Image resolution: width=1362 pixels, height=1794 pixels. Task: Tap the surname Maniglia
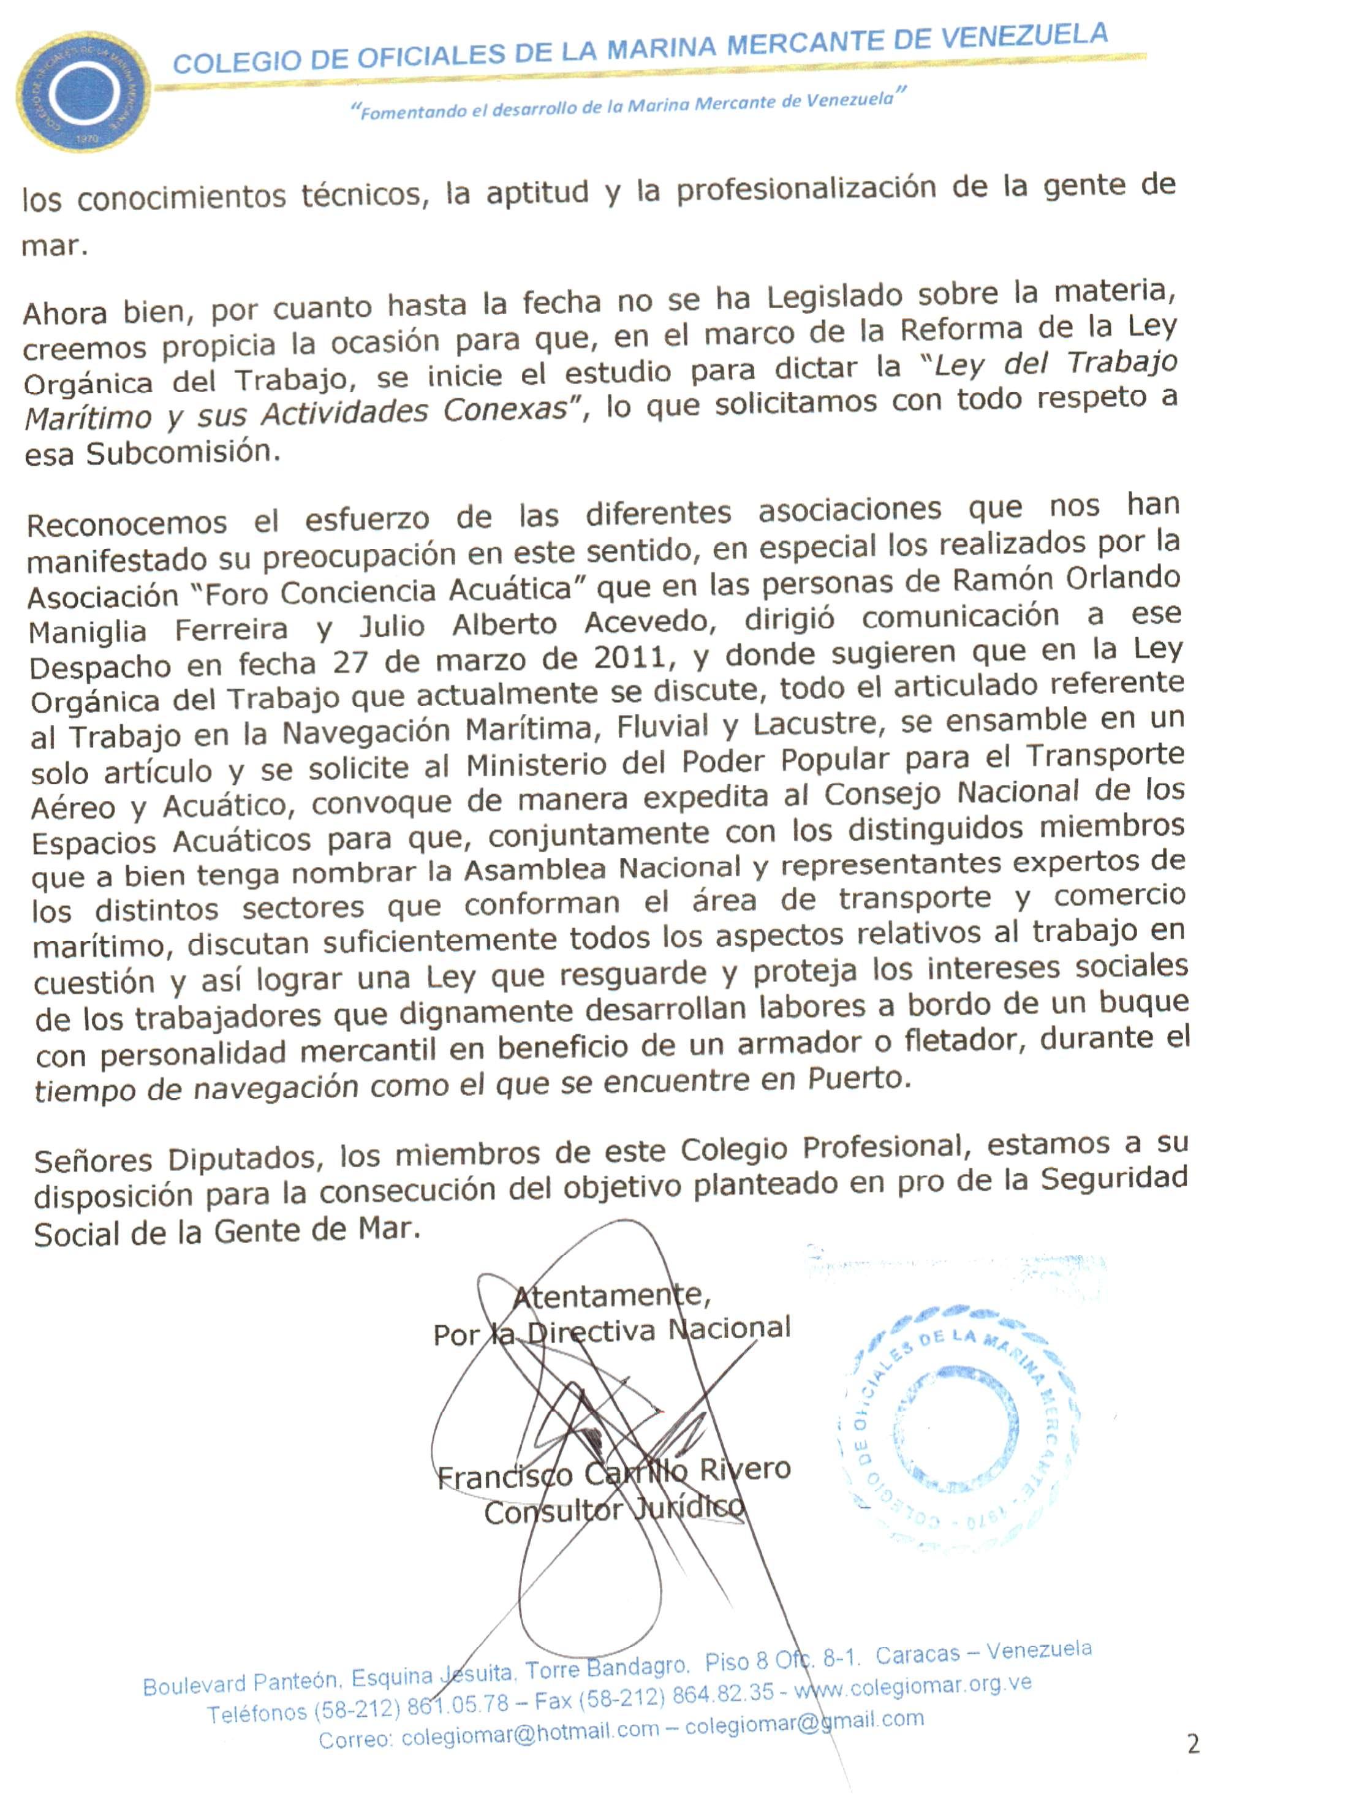tap(88, 631)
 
